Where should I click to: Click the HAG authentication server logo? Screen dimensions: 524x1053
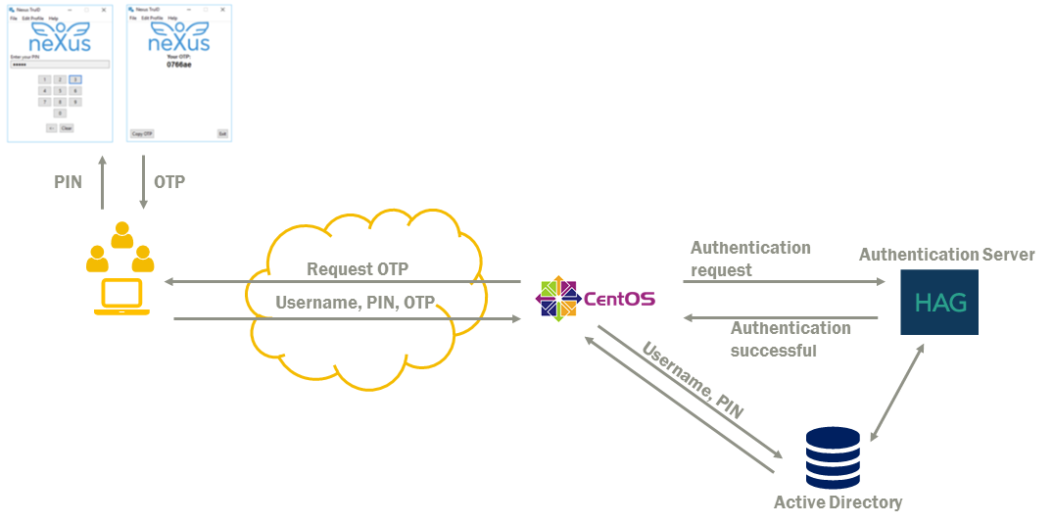939,302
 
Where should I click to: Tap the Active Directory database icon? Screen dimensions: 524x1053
832,457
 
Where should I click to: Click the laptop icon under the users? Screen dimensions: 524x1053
121,297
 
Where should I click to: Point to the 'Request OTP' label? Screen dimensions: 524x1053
358,269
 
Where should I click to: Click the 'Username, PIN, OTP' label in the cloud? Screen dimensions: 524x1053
355,302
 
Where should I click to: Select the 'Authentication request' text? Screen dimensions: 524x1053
750,259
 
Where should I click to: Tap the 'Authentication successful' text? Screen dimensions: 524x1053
790,339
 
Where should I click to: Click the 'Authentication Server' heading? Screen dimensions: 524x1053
946,255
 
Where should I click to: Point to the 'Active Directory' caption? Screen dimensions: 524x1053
838,502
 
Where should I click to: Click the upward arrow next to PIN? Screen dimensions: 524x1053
102,182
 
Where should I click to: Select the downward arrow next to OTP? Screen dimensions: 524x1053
143,182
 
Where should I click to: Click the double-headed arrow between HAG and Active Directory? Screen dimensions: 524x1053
897,392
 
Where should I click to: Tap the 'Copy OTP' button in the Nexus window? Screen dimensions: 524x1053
142,133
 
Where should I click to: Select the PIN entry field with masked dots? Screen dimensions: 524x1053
59,65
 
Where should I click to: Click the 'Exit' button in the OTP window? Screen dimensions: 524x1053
222,133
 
